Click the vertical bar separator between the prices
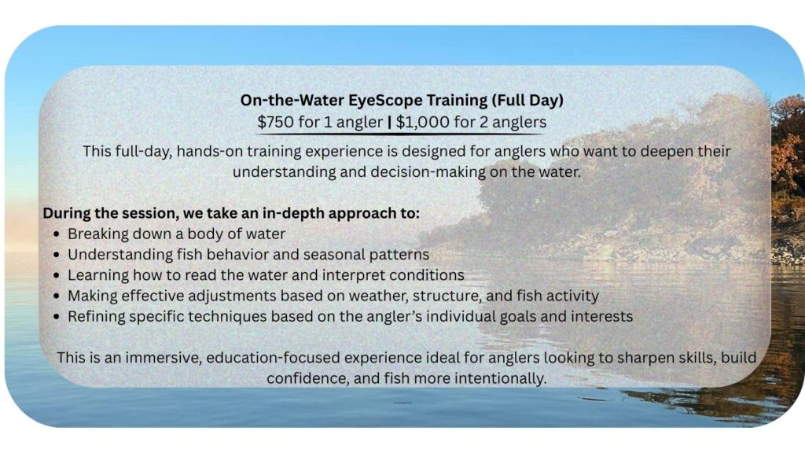click(x=390, y=122)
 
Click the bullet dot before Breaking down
click(x=57, y=234)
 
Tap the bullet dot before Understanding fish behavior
click(x=57, y=256)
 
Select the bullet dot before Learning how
click(x=57, y=276)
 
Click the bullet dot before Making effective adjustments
click(x=57, y=296)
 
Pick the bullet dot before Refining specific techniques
click(x=57, y=317)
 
